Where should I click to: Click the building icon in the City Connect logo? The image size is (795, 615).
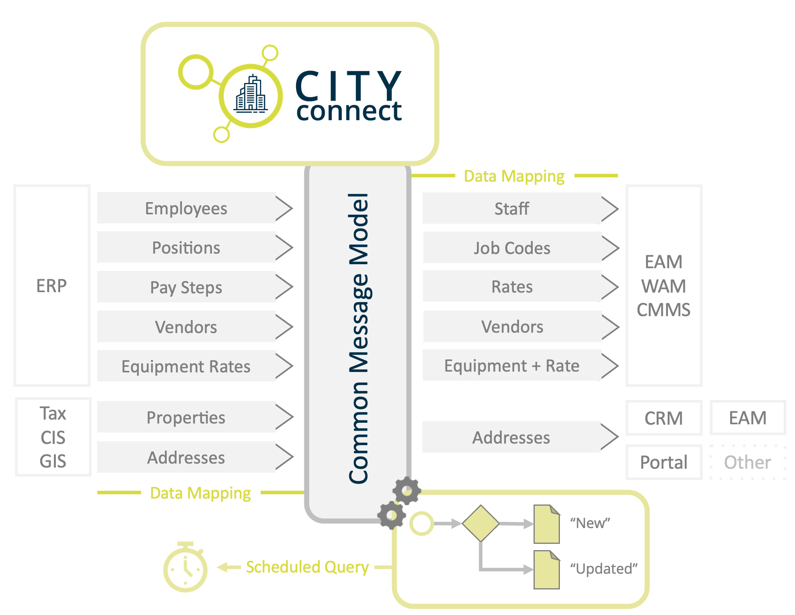point(251,95)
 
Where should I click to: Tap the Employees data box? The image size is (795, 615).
point(186,208)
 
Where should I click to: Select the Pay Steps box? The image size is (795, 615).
point(186,287)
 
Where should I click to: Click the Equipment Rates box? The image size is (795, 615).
point(186,366)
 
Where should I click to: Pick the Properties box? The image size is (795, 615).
point(186,417)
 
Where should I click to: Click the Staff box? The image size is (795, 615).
point(512,208)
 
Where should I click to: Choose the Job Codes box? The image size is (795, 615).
point(512,248)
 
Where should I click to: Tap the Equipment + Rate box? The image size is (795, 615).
point(512,366)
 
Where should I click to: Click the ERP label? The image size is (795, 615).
point(52,286)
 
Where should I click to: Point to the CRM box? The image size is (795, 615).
point(664,418)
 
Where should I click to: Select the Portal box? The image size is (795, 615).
point(664,462)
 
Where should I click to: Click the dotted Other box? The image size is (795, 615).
point(747,462)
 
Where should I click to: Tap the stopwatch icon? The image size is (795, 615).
point(185,567)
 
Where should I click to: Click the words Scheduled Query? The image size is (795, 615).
point(307,567)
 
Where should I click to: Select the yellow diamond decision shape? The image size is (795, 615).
point(480,523)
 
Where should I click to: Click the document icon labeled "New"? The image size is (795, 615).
point(547,524)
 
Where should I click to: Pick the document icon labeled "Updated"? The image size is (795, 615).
point(547,570)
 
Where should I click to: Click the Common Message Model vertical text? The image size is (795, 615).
point(358,338)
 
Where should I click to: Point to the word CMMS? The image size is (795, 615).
point(663,310)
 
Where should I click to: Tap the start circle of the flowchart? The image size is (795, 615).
point(421,523)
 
